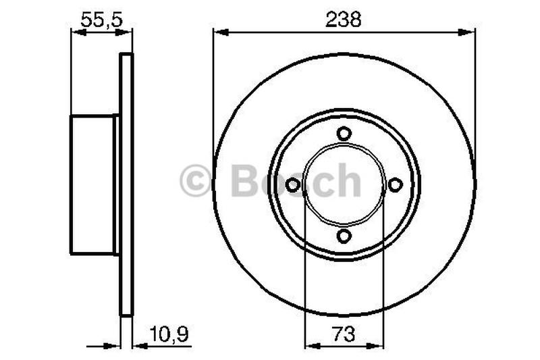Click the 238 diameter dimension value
[x=344, y=20]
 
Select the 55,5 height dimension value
[x=101, y=20]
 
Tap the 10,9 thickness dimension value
[x=164, y=333]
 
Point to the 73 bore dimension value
[x=344, y=333]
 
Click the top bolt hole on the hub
[x=344, y=133]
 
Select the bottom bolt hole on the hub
[x=344, y=236]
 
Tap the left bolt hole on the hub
[x=293, y=184]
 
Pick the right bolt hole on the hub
[x=396, y=184]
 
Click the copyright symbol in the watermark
[x=196, y=182]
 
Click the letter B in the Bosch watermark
[x=244, y=181]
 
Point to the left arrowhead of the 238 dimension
[x=219, y=31]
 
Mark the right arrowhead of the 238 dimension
[x=470, y=31]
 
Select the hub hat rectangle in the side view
[x=93, y=184]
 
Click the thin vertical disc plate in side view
[x=126, y=184]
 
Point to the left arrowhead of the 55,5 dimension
[x=76, y=32]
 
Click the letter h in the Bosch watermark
[x=348, y=181]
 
